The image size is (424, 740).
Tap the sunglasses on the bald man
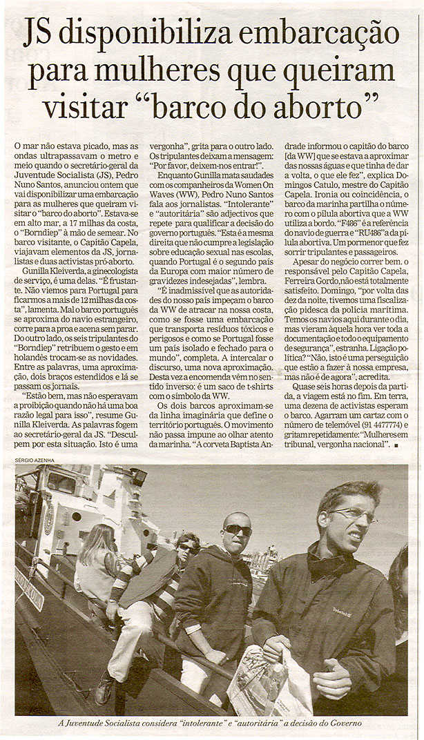(238, 529)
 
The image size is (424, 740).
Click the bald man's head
(237, 525)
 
